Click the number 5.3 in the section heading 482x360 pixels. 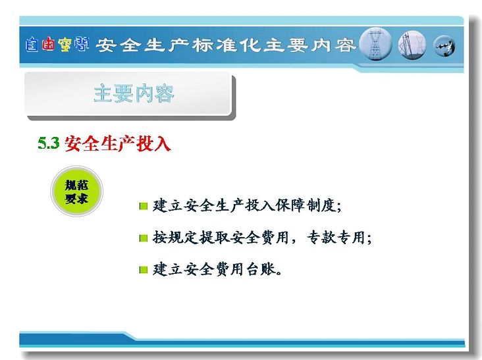(49, 143)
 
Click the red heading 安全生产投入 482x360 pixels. (117, 143)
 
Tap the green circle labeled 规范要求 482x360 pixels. (76, 191)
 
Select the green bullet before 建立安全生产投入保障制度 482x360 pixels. (144, 206)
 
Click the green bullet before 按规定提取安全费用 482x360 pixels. (144, 238)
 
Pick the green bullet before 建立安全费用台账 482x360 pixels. (144, 270)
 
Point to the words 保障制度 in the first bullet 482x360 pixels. (305, 205)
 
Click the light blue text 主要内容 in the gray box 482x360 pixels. (134, 93)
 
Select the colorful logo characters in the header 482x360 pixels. (57, 45)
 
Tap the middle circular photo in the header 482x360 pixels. (412, 45)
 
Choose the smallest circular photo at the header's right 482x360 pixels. (444, 46)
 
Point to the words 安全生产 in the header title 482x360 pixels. (142, 45)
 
